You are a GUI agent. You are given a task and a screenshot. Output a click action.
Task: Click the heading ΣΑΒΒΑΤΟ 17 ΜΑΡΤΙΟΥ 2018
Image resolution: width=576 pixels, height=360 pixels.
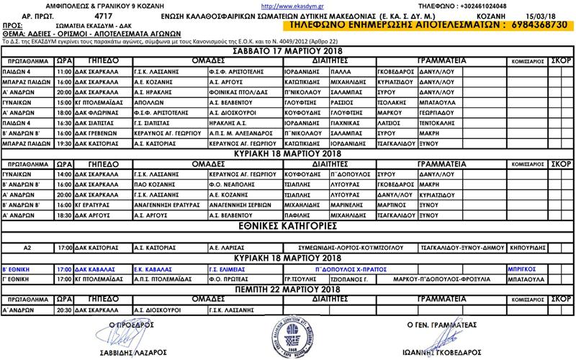(x=287, y=53)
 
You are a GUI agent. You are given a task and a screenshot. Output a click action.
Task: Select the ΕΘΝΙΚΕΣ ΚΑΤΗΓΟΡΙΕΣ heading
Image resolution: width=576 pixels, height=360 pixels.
(x=287, y=225)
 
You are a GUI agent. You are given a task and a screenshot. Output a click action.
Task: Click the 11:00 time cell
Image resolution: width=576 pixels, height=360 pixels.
(x=63, y=73)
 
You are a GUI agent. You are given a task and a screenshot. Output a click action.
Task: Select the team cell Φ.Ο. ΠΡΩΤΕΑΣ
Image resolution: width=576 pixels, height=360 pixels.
(x=230, y=278)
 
